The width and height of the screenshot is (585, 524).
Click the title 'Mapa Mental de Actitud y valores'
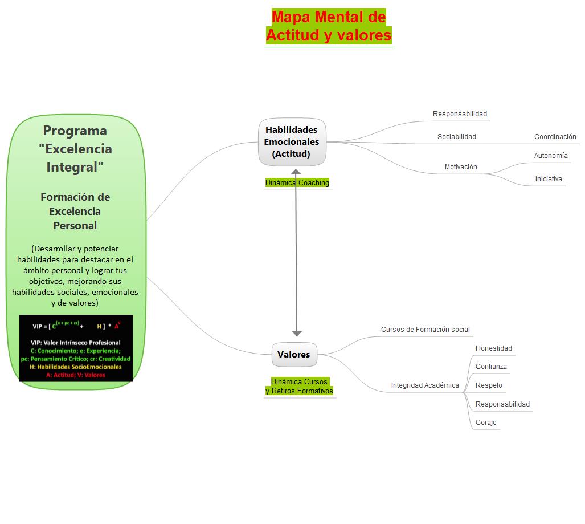click(329, 26)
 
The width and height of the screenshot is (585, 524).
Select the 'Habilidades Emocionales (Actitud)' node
click(292, 141)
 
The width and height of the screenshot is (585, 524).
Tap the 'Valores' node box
click(294, 355)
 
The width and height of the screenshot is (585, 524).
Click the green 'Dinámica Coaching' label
click(297, 183)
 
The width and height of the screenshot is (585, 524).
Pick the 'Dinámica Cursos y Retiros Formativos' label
click(299, 386)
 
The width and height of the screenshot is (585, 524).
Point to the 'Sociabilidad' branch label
click(457, 137)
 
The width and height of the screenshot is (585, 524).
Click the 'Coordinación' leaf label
click(555, 137)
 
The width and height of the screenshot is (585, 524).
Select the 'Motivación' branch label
click(461, 167)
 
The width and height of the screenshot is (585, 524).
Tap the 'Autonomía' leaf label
click(551, 156)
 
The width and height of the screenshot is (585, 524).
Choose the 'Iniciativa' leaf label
click(549, 179)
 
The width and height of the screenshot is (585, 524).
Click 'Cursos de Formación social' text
click(426, 330)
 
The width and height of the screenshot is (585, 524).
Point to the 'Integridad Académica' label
click(425, 385)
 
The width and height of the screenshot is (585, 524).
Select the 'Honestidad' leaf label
click(494, 348)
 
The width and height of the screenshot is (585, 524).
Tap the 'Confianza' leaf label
click(491, 367)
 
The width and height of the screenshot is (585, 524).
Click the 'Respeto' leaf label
click(489, 385)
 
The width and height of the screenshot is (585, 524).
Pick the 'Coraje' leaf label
click(486, 423)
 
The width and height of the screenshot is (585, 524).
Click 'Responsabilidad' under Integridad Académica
click(502, 404)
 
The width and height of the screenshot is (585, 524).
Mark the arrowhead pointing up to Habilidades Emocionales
click(296, 172)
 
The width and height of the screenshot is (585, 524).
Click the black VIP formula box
click(76, 348)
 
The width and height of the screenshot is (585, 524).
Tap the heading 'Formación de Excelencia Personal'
click(75, 211)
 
